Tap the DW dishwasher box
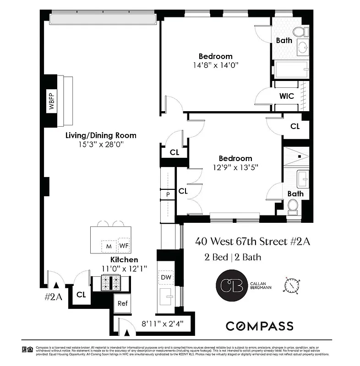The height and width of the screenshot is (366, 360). [x=165, y=277]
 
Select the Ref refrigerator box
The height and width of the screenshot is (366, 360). [x=122, y=303]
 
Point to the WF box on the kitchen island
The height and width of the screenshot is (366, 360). [x=124, y=246]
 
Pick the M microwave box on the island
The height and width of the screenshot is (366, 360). [x=109, y=246]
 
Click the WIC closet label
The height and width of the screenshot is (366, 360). [x=287, y=96]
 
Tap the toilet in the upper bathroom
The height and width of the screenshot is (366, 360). [x=299, y=32]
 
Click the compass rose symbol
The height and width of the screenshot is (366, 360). [x=292, y=285]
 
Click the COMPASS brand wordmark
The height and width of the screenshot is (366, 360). [x=259, y=326]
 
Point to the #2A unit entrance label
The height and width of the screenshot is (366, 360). [x=53, y=296]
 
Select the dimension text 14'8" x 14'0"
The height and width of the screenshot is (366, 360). [x=215, y=65]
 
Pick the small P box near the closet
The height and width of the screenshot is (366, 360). [x=168, y=194]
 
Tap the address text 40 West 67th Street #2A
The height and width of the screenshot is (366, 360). [x=252, y=241]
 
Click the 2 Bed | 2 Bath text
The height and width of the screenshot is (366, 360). [x=233, y=257]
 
